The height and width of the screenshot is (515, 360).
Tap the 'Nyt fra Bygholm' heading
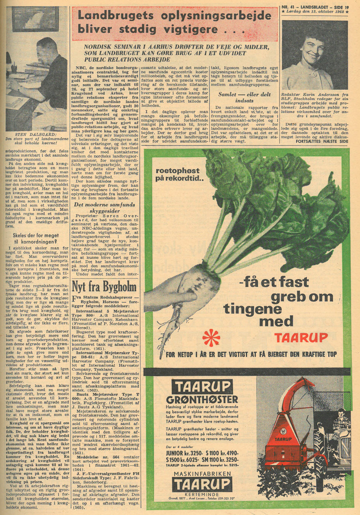[104, 286]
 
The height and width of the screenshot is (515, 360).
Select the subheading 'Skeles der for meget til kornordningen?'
[35, 238]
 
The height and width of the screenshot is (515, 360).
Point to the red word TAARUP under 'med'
[301, 337]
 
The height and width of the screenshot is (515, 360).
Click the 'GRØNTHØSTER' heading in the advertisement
[202, 399]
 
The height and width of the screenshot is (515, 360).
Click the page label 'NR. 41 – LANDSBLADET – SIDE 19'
[315, 7]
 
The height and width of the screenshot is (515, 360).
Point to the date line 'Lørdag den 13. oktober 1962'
[315, 11]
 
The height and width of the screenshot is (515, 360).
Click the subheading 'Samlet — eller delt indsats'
[244, 97]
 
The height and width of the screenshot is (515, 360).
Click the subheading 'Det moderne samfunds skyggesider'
[104, 208]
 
